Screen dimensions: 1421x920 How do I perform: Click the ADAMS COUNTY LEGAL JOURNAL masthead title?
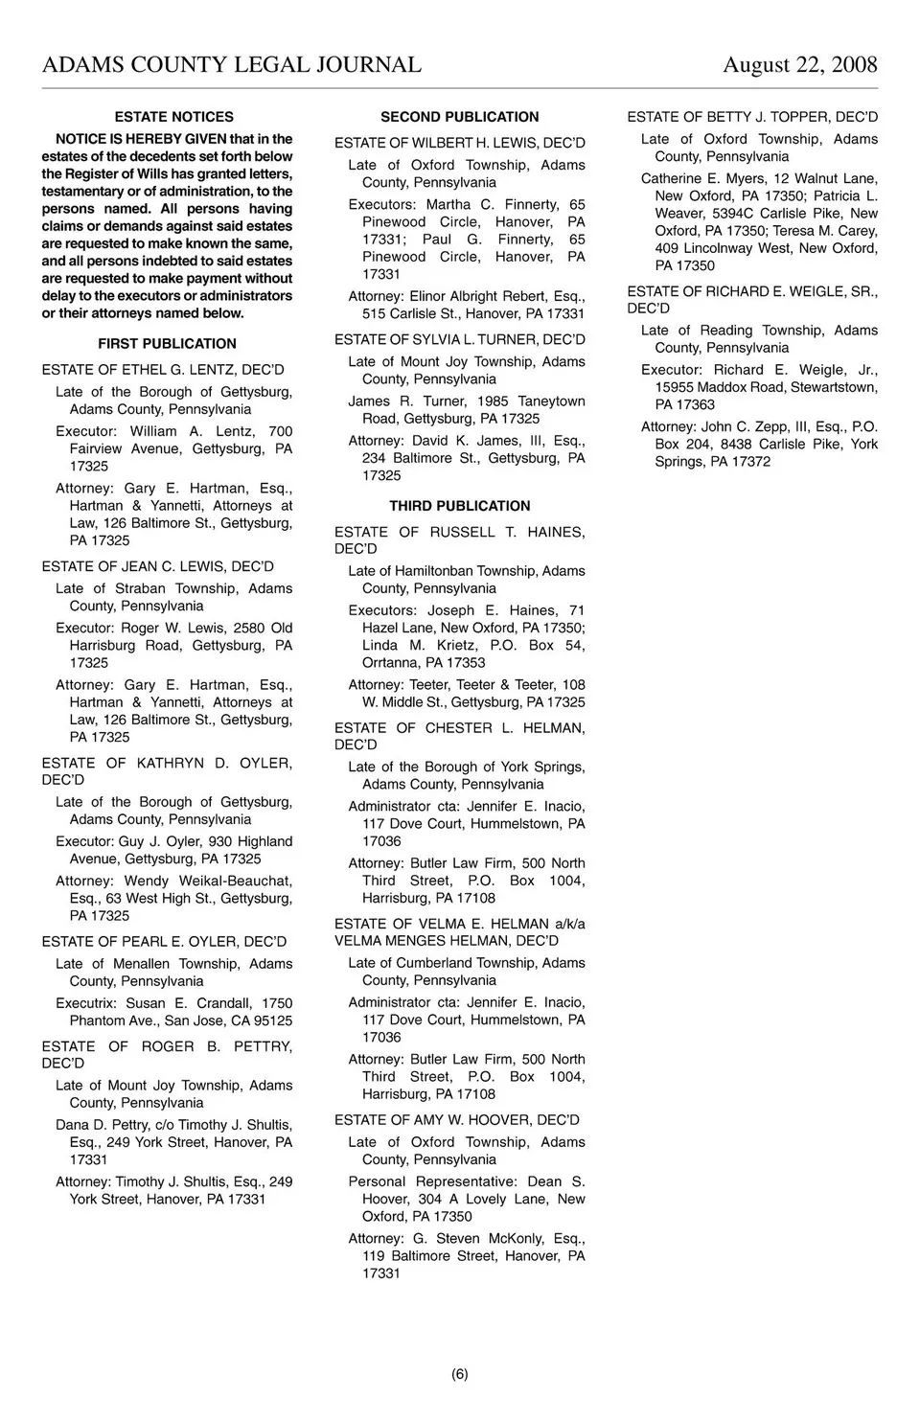(x=232, y=65)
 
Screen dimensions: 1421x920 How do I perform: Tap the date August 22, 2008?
(x=799, y=65)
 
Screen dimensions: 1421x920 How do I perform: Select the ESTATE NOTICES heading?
(x=173, y=117)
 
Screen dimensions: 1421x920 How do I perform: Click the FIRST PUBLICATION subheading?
(x=167, y=344)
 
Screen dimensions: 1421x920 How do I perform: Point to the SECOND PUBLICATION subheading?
(x=459, y=117)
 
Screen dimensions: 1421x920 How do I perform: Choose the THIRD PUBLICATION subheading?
(x=459, y=506)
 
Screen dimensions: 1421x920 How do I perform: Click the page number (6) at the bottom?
(x=460, y=1374)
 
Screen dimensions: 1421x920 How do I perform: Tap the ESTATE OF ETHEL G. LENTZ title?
(x=163, y=370)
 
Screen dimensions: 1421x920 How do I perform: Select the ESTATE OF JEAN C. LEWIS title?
(x=157, y=566)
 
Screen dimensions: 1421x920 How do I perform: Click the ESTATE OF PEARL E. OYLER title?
(x=164, y=942)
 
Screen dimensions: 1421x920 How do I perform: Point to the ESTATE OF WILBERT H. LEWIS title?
(x=459, y=143)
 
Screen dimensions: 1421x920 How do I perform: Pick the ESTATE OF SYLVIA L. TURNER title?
(x=459, y=339)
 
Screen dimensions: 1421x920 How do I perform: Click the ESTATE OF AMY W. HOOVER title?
(x=456, y=1120)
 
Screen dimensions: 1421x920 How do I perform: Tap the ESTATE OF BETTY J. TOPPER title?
(x=752, y=117)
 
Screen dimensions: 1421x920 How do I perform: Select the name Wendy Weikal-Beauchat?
(x=208, y=881)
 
